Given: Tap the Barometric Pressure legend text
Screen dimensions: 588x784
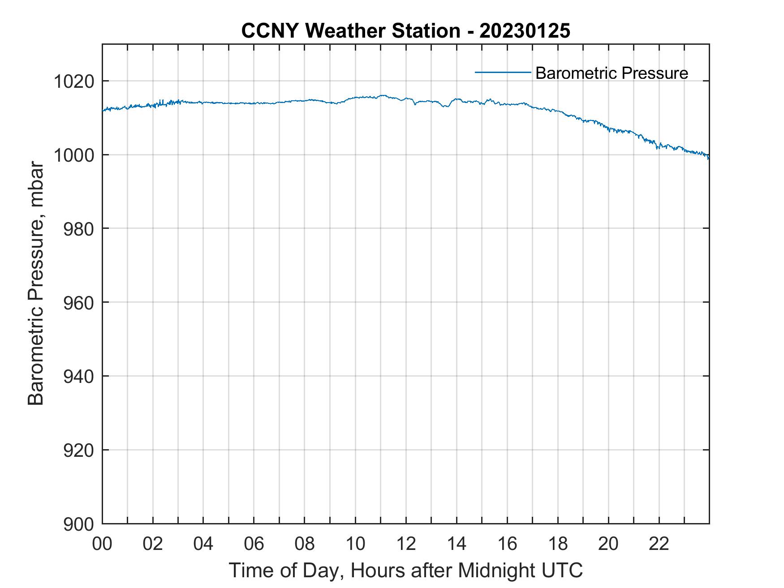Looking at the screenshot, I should (612, 73).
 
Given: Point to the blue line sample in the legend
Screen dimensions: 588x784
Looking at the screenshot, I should (503, 72).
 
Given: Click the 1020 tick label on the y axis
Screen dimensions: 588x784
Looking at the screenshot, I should (74, 82).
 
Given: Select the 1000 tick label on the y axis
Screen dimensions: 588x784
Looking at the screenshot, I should (74, 155).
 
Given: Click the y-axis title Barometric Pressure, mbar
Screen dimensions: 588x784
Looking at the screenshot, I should (36, 283).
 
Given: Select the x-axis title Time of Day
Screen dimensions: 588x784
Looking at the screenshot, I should (405, 570).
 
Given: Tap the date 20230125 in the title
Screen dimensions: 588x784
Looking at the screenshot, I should (525, 31).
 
